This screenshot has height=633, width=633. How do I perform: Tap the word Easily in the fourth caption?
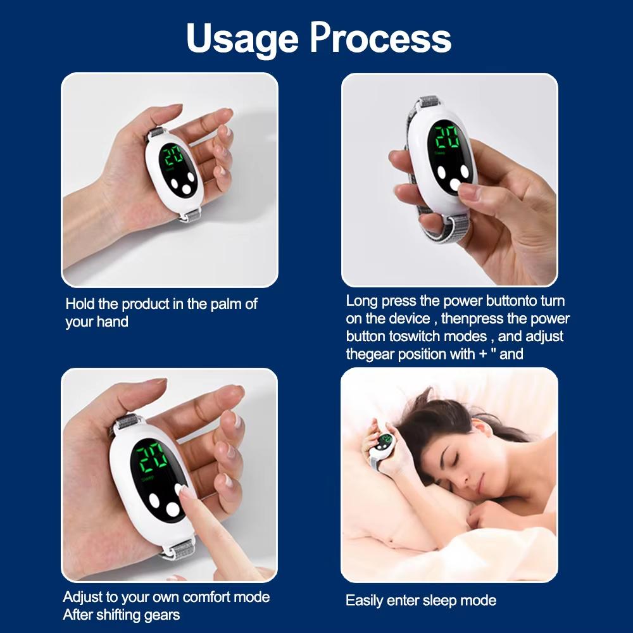(x=366, y=601)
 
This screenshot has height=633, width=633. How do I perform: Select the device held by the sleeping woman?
(x=382, y=443)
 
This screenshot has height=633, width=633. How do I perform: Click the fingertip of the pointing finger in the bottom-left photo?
(x=186, y=491)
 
